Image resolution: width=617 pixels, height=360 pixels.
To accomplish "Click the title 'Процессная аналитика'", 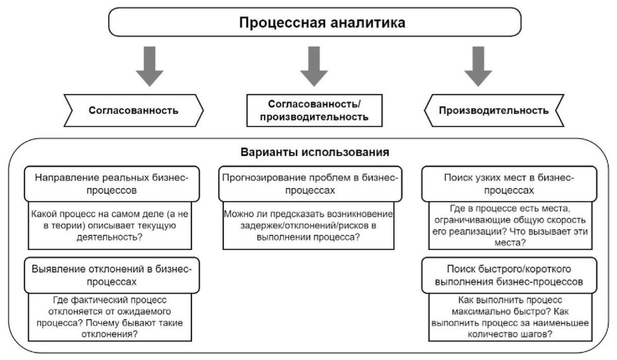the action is [x=322, y=23].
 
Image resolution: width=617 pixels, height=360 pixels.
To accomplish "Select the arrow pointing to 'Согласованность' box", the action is [x=150, y=66].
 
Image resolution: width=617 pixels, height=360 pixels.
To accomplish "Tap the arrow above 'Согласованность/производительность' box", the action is [x=314, y=66].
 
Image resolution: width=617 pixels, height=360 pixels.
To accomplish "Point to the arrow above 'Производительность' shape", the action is [x=478, y=66].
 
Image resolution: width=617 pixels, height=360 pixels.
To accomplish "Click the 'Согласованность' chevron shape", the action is [x=134, y=111].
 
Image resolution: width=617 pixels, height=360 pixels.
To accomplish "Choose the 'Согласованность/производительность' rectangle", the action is [x=314, y=111].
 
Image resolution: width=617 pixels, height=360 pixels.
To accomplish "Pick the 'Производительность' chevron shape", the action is [x=494, y=111].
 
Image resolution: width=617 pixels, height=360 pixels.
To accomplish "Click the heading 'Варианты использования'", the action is [x=315, y=152].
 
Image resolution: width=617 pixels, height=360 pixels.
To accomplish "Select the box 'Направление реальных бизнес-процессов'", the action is [x=112, y=184].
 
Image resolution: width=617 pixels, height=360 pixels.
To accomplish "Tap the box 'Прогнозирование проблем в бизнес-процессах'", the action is [x=310, y=184].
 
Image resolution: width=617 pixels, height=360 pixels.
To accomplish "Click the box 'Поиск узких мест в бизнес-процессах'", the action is [x=509, y=184].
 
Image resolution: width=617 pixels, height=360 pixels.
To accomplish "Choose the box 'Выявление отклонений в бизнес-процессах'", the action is [x=112, y=275].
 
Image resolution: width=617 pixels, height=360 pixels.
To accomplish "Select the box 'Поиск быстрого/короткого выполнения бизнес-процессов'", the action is [x=509, y=275].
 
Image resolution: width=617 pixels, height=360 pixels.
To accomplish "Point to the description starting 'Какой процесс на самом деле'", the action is [x=110, y=226].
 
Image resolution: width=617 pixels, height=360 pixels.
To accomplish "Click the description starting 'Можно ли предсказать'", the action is [x=308, y=226].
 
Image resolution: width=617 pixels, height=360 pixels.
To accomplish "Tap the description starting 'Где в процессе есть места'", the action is [x=510, y=226].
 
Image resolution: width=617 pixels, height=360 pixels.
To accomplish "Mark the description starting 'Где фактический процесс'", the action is [x=110, y=317].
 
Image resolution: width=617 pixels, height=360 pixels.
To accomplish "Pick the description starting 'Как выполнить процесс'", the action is [x=510, y=317].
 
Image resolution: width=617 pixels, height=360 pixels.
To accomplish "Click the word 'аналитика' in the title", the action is [x=368, y=23].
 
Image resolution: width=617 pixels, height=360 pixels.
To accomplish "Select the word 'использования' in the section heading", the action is [x=345, y=152].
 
